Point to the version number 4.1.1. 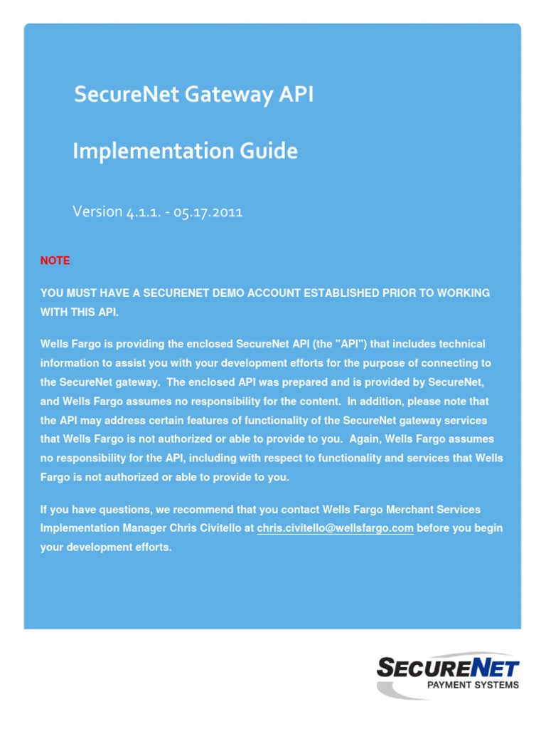click(x=146, y=212)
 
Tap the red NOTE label click(x=55, y=261)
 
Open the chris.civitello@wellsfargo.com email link click(x=335, y=528)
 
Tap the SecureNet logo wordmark click(x=448, y=668)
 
